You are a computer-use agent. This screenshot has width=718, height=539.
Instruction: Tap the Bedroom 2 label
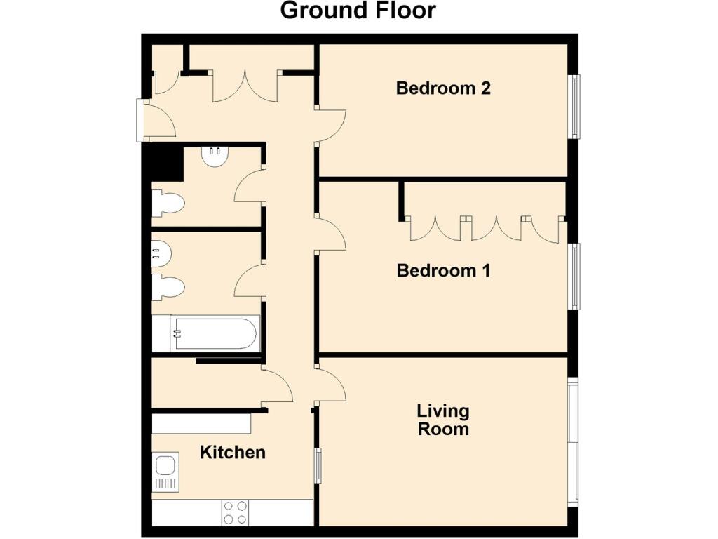pos(443,88)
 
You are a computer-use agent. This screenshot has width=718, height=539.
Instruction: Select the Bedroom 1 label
pos(443,270)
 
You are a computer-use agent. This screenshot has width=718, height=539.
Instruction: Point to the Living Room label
pos(443,420)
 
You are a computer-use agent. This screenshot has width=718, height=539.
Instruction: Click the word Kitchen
pos(233,453)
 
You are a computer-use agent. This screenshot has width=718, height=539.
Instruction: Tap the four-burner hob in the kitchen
pos(235,512)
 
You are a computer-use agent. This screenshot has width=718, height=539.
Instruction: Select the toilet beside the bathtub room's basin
pos(168,287)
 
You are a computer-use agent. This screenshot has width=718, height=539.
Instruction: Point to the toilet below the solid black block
pos(168,203)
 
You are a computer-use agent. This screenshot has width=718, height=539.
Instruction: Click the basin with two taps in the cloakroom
pos(215,157)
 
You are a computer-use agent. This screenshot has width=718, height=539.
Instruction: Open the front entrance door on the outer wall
pos(156,121)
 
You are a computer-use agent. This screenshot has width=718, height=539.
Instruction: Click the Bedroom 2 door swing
pos(331,126)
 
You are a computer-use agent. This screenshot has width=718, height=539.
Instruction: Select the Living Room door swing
pos(331,385)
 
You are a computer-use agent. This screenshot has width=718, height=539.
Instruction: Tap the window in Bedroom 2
pos(574,107)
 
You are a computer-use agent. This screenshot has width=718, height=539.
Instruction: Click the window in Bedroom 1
pos(574,277)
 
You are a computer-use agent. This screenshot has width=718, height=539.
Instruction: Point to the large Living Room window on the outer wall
pos(573,443)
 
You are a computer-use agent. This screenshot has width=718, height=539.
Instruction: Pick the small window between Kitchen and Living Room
pos(318,465)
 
